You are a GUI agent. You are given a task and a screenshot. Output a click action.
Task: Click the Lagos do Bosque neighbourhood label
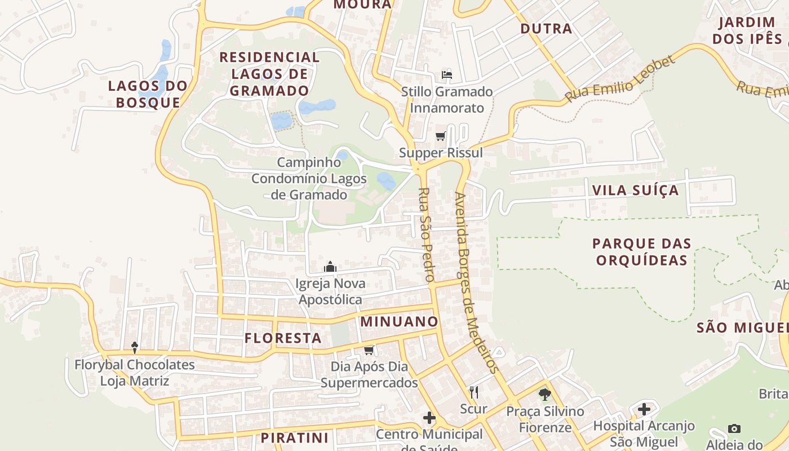[x=148, y=94]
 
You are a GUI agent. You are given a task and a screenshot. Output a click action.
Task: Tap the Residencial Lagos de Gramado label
[x=269, y=74]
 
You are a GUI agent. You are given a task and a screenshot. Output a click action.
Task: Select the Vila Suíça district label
[x=635, y=190]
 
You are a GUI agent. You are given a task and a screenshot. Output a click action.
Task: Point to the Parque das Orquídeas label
[x=641, y=252]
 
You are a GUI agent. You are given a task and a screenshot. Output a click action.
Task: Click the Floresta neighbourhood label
[x=283, y=338]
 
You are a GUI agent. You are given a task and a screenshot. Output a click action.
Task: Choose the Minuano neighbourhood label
[x=399, y=322]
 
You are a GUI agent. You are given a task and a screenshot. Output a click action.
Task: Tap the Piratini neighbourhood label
[x=294, y=438]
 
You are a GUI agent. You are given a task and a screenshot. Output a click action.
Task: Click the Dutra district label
[x=546, y=29]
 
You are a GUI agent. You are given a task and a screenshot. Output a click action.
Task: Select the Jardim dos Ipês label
[x=747, y=30]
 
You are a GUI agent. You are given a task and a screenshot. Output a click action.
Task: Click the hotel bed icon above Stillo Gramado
[x=447, y=75]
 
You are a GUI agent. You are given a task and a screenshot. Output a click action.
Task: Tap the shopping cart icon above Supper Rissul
[x=441, y=136]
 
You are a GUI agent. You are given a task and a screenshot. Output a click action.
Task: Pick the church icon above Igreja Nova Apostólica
[x=330, y=267]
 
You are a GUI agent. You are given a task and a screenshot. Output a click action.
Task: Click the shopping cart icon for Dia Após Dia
[x=369, y=351]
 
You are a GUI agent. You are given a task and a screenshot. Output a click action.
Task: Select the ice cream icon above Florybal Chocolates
[x=135, y=347]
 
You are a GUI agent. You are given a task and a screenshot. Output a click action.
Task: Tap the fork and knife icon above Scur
[x=473, y=392]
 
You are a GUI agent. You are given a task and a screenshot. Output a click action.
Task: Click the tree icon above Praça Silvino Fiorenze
[x=544, y=394]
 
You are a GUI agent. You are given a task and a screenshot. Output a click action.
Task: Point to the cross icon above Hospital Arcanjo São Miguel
[x=644, y=409]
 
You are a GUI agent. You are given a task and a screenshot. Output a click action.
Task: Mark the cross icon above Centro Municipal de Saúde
[x=429, y=418]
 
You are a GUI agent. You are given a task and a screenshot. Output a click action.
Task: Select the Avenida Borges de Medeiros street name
[x=476, y=282]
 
